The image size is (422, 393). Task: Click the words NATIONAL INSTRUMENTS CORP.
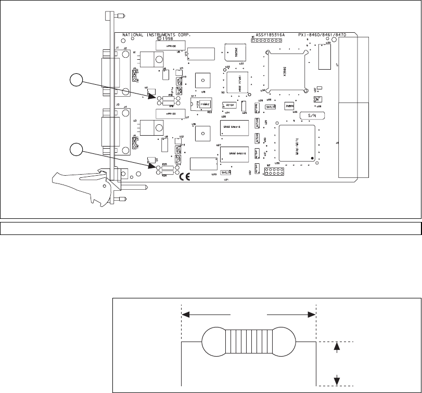[156, 35]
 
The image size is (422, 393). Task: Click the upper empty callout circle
[76, 81]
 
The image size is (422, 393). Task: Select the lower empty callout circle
[76, 149]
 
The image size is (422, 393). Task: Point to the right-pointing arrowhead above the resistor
[312, 314]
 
